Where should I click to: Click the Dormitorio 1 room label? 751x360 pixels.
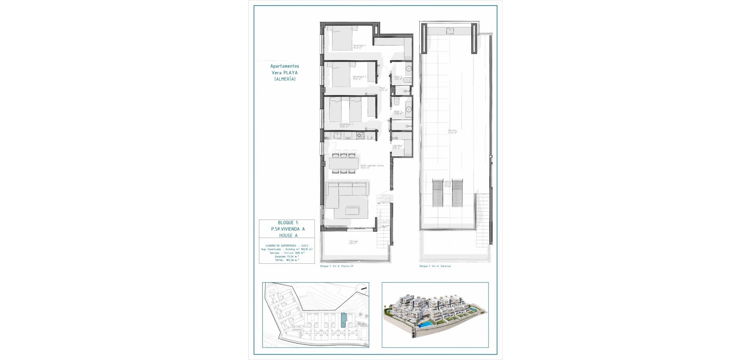[359, 46]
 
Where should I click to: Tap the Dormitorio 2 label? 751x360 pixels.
[359, 77]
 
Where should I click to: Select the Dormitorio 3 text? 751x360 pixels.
[346, 125]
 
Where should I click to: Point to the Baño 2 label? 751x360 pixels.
[398, 77]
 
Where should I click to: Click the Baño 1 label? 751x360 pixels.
[398, 112]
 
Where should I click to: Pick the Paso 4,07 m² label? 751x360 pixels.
[383, 89]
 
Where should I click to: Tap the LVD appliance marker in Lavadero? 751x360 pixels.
[395, 138]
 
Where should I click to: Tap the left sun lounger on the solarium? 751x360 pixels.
[437, 193]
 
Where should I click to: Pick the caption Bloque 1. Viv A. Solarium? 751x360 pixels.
[435, 266]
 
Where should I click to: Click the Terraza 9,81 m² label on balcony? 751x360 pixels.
[354, 242]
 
